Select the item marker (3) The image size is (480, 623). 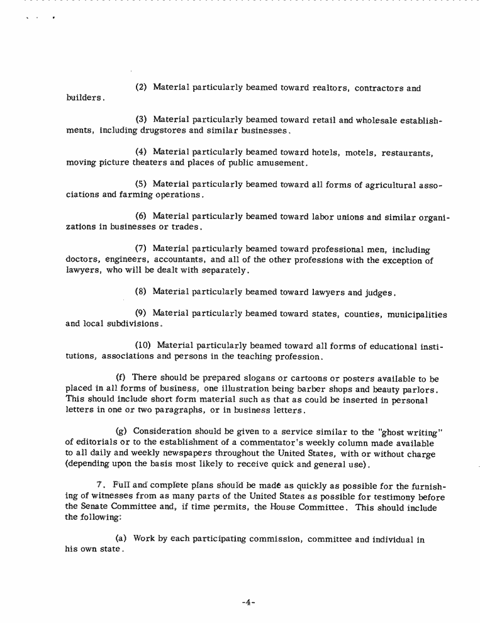[x=142, y=120]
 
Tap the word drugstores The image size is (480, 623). [x=162, y=130]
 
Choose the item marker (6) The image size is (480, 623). [x=142, y=216]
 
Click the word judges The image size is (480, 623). [x=378, y=293]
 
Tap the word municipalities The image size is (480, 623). [x=417, y=314]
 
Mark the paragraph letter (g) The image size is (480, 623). [x=122, y=431]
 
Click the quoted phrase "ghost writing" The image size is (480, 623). [x=400, y=432]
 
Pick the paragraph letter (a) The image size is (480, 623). [x=122, y=539]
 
